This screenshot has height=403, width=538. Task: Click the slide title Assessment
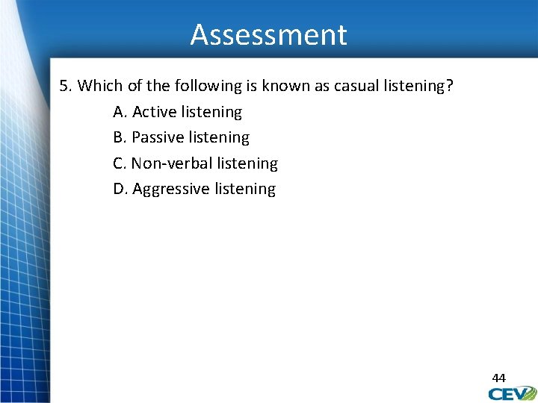point(268,35)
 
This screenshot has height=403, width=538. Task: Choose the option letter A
point(120,112)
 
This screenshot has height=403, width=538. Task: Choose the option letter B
point(120,137)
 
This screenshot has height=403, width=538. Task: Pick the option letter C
point(120,163)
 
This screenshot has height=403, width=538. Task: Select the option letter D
point(121,189)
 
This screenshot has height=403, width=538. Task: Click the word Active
point(155,112)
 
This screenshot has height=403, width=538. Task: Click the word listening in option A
point(211,112)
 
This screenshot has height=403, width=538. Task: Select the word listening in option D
point(245,189)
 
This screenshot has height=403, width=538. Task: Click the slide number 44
point(498,378)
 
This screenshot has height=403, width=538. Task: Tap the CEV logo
point(513,393)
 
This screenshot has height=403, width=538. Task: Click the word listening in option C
point(247,163)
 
